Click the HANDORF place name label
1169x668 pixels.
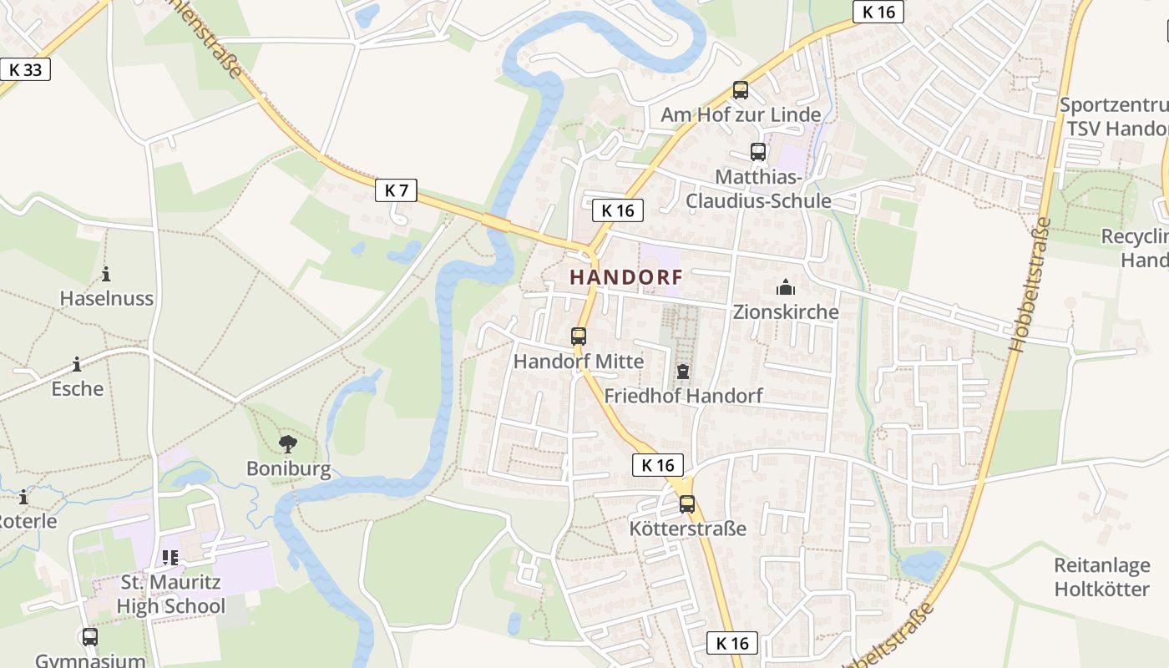626,277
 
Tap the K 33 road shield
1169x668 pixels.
25,69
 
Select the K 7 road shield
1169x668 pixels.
396,190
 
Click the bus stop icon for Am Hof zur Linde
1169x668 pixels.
740,90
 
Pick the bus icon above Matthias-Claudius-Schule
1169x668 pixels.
757,152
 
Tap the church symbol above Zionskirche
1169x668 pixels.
785,288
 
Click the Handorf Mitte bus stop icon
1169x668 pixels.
578,337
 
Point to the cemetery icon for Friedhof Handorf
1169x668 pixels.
683,371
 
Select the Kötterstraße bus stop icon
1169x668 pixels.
686,504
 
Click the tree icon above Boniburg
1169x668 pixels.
288,443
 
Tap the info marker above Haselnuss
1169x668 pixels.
106,274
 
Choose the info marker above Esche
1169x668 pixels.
77,364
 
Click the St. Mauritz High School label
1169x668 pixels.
171,594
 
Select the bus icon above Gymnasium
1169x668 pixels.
89,637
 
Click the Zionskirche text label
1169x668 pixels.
785,312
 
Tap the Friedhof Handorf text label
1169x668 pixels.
683,396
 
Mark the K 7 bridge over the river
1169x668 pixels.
496,222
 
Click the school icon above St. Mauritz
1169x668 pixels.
170,557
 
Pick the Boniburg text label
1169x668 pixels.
288,468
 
